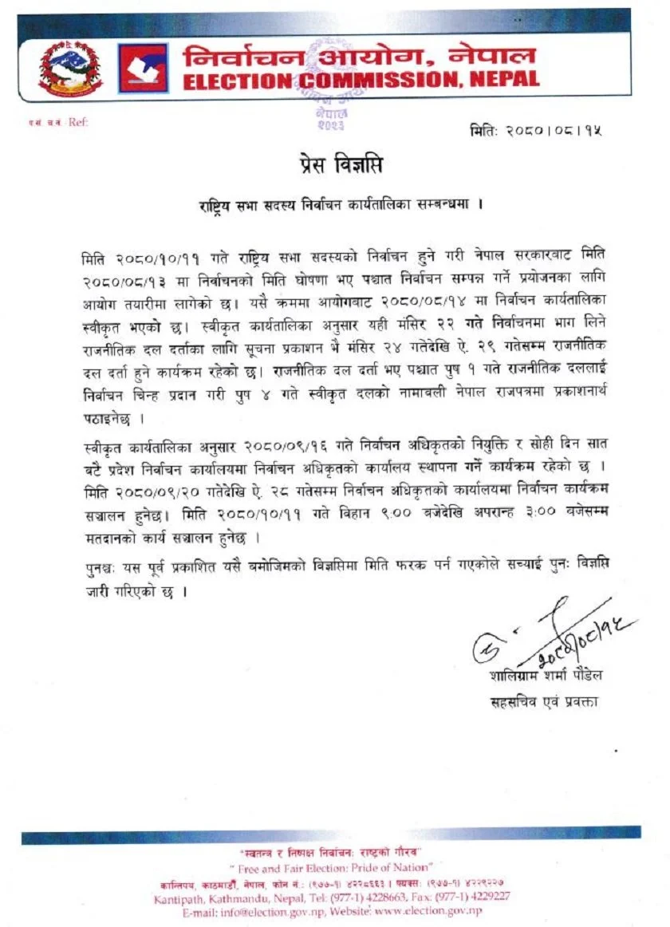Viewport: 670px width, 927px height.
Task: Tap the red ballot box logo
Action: (x=143, y=69)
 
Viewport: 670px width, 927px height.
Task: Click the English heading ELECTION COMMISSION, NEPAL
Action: (x=361, y=80)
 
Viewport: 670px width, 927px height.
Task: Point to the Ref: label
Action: (x=77, y=122)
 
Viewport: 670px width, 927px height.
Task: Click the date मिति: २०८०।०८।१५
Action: (x=535, y=129)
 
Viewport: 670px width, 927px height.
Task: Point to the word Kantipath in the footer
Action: (x=175, y=897)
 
